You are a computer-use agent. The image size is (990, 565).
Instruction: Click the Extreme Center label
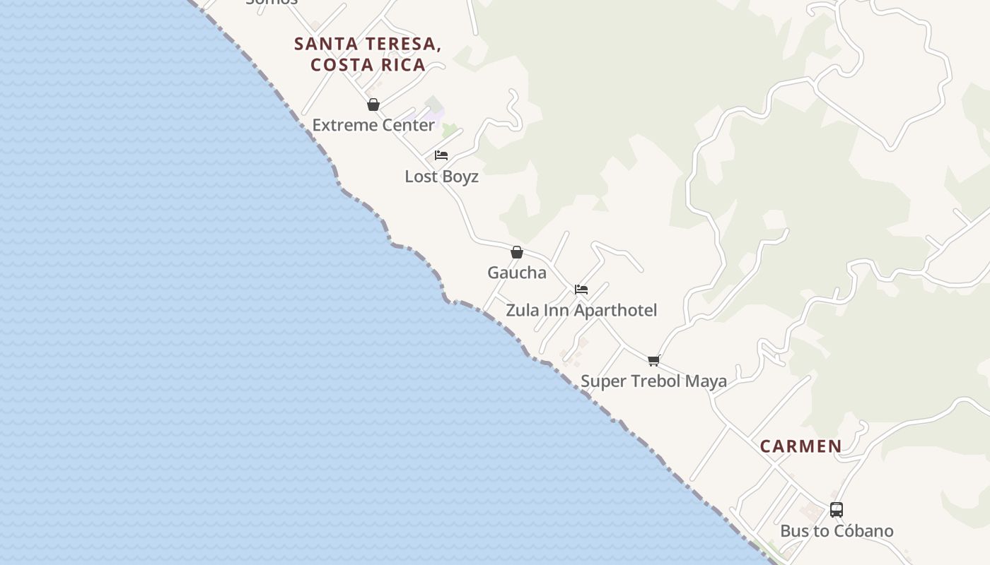click(x=373, y=125)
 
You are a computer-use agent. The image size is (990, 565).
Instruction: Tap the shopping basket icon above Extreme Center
click(x=373, y=105)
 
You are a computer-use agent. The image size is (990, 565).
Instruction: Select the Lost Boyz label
click(x=441, y=177)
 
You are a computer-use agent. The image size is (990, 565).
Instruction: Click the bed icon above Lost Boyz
click(x=441, y=155)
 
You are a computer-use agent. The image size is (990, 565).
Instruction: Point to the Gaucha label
click(x=517, y=273)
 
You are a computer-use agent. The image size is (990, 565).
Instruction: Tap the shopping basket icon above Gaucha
click(x=517, y=252)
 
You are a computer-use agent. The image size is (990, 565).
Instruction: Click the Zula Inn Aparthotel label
click(x=581, y=310)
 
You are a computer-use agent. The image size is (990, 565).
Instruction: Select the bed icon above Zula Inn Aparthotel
click(x=581, y=290)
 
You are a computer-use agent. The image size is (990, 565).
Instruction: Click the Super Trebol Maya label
click(x=653, y=381)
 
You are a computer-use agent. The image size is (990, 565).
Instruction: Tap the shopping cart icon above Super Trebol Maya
click(x=654, y=361)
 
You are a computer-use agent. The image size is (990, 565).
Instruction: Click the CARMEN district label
click(x=801, y=446)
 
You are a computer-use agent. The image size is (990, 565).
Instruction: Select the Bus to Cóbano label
click(x=837, y=531)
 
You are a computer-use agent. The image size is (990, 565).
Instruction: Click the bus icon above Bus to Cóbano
click(x=837, y=510)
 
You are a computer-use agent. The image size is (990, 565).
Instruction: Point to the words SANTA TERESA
click(x=368, y=44)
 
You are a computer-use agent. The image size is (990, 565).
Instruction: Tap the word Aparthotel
click(x=615, y=310)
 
